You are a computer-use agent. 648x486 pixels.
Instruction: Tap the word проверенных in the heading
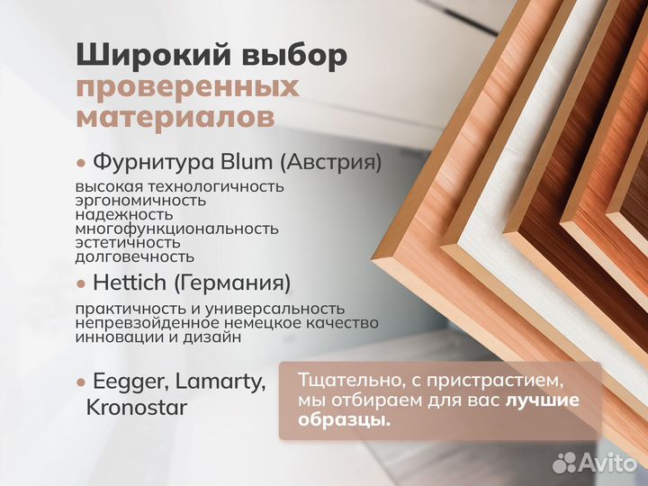click(x=187, y=86)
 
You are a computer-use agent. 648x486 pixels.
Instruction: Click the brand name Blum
click(x=246, y=163)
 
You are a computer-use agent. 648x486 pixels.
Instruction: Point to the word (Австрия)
click(x=330, y=163)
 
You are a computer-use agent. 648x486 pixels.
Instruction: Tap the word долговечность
click(x=135, y=256)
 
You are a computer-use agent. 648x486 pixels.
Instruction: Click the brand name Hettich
click(x=130, y=283)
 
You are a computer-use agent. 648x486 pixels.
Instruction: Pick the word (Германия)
click(x=232, y=283)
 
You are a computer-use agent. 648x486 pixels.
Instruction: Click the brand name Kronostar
click(x=137, y=408)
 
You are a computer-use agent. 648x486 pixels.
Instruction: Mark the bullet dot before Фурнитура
click(x=81, y=164)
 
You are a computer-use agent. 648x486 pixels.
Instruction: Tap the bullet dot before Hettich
click(x=81, y=283)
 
